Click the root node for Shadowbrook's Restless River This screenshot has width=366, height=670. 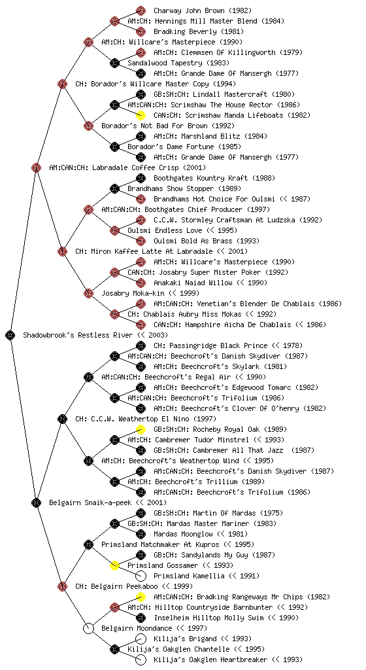(x=10, y=335)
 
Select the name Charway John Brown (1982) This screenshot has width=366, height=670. (x=203, y=10)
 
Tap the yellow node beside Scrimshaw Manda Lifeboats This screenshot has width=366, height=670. (x=141, y=115)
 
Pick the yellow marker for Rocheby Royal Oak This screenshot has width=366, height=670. (x=141, y=429)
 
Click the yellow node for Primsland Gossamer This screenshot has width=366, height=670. (x=114, y=565)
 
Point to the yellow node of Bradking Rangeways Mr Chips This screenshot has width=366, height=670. (x=141, y=597)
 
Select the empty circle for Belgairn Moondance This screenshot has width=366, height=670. (x=88, y=628)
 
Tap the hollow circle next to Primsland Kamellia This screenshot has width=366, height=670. (x=141, y=576)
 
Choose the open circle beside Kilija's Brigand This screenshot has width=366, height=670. (x=141, y=639)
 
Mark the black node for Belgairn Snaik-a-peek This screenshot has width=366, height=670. (x=36, y=502)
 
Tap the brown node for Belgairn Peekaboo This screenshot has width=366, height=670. (x=62, y=586)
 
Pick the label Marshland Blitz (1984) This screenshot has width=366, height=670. (x=210, y=136)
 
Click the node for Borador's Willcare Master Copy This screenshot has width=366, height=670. (x=62, y=84)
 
